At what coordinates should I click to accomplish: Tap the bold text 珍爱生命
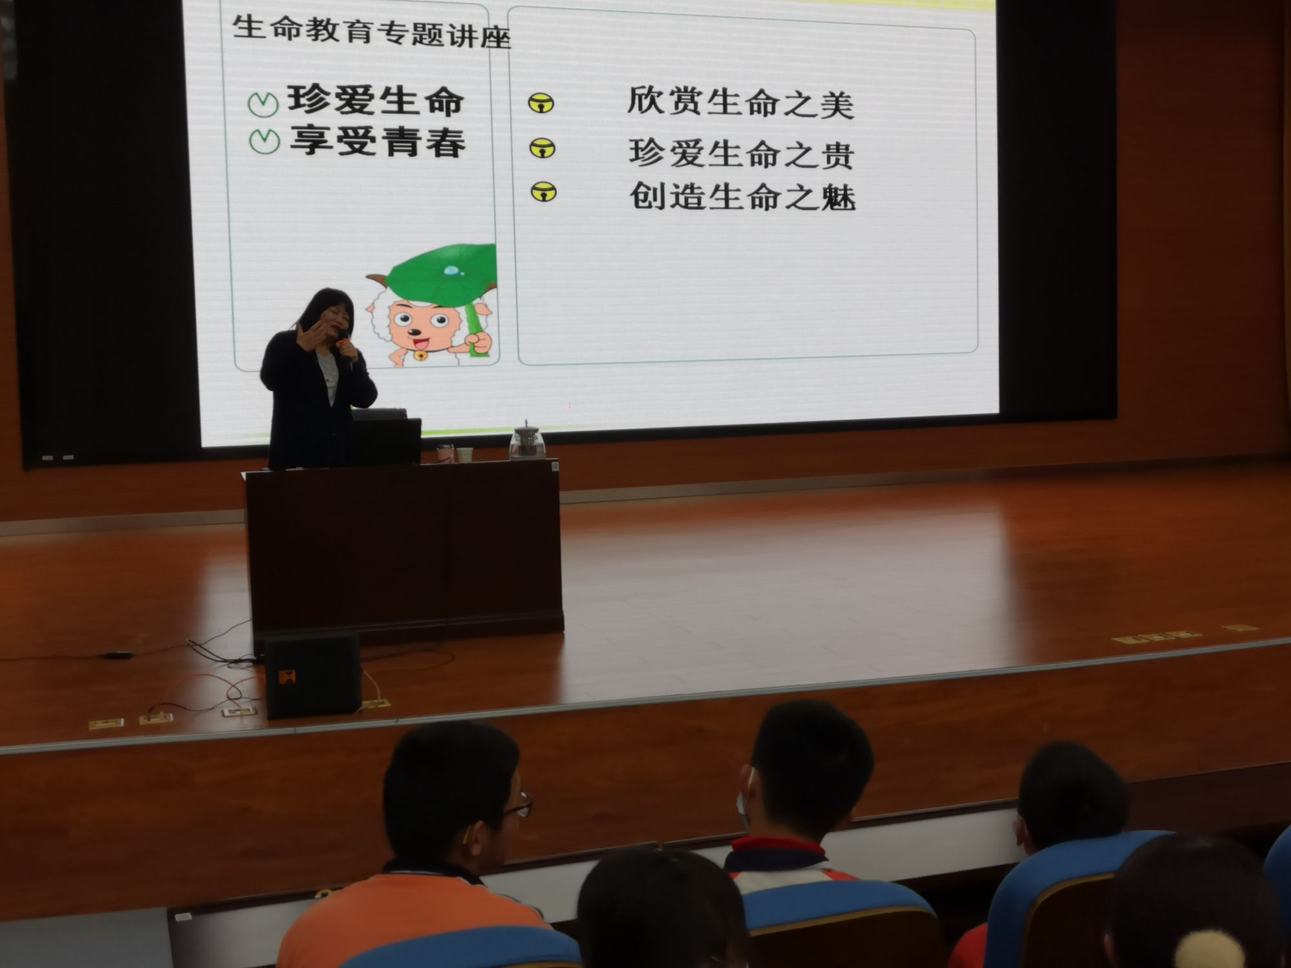pos(376,101)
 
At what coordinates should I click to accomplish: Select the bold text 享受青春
pos(378,141)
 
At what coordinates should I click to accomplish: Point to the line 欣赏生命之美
pos(740,103)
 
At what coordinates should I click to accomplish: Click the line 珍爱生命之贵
pos(742,154)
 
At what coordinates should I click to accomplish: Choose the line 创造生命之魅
pos(742,196)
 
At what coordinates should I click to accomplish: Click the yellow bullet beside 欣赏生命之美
pos(540,103)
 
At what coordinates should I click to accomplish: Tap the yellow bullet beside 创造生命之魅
pos(544,192)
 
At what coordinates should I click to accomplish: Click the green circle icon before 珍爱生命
pos(263,103)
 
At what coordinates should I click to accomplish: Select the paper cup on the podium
pos(465,454)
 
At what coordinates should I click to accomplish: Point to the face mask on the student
pos(744,803)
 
